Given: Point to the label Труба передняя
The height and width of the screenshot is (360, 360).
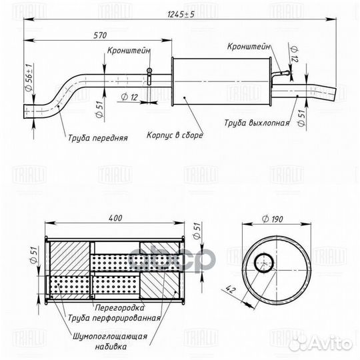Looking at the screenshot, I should point(97,139).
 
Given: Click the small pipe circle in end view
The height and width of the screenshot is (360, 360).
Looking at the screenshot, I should point(262,263).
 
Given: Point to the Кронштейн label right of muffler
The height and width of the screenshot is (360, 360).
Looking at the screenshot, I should point(248,48).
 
